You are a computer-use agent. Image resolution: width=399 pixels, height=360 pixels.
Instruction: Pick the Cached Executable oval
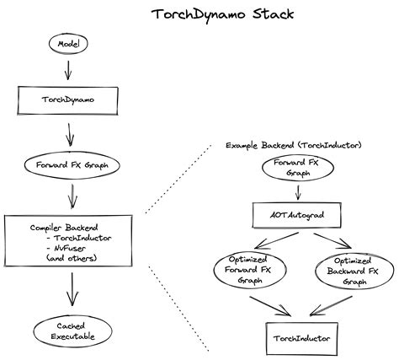point(70,331)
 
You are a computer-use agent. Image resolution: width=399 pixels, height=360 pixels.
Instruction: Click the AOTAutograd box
point(298,217)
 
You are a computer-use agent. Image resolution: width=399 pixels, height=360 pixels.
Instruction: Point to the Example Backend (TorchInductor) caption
point(294,146)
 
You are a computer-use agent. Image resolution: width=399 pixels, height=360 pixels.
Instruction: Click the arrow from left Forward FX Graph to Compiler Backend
point(72,196)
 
